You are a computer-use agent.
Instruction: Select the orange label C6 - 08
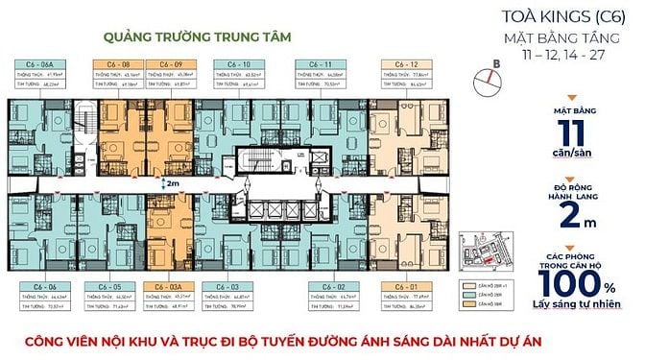click(x=107, y=62)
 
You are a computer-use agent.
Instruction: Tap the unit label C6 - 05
click(x=107, y=286)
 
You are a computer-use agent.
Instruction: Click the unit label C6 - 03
click(x=228, y=286)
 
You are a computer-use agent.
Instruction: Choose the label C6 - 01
click(x=403, y=286)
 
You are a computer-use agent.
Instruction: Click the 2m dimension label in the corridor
click(x=172, y=180)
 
